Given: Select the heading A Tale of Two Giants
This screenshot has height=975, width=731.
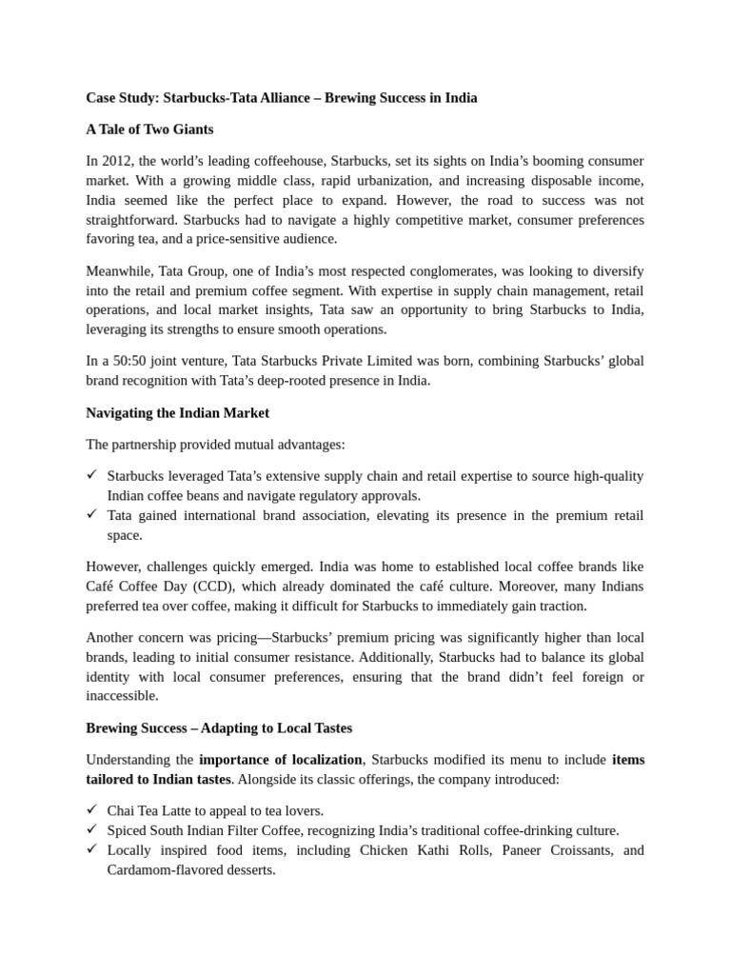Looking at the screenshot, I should pos(149,129).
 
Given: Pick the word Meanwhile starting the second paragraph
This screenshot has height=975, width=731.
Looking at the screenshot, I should pos(118,270).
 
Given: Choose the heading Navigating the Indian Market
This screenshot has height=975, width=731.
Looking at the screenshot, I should pos(177,412).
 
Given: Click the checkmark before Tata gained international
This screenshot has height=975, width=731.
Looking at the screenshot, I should pos(92,515).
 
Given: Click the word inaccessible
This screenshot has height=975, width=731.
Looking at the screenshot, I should pos(124,696).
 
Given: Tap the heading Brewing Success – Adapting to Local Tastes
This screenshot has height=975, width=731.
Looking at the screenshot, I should pos(219,727).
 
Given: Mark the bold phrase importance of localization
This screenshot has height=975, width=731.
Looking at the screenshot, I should pos(281,760).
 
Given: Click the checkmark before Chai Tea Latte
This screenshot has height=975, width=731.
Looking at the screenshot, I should pos(92,810).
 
